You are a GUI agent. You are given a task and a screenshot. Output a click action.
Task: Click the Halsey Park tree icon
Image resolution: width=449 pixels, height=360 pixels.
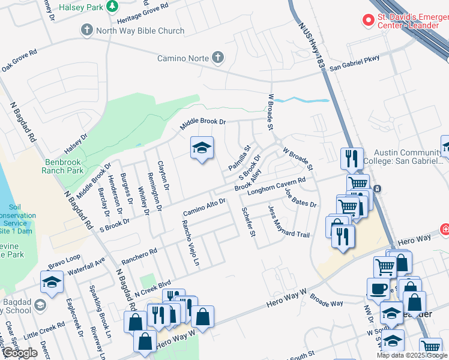tap(112, 6)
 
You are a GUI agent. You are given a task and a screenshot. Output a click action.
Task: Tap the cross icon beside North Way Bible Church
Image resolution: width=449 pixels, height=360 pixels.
tap(87, 30)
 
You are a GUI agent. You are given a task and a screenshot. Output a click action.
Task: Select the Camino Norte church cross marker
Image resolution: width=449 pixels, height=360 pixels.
tap(217, 58)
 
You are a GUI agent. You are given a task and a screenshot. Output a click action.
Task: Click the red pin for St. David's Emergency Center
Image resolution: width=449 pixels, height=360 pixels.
tap(367, 20)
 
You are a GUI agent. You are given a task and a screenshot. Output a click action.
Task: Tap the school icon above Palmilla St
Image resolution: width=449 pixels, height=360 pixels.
tap(202, 148)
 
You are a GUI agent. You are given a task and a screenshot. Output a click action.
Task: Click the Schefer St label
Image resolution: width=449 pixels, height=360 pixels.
tap(248, 221)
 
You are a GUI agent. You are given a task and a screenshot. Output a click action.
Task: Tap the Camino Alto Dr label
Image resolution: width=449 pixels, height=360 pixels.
tap(203, 208)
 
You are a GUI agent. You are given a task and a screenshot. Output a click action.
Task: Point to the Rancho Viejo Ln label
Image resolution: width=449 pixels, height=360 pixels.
tap(190, 242)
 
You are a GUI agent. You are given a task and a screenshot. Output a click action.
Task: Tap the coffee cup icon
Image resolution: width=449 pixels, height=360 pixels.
tap(378, 289)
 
